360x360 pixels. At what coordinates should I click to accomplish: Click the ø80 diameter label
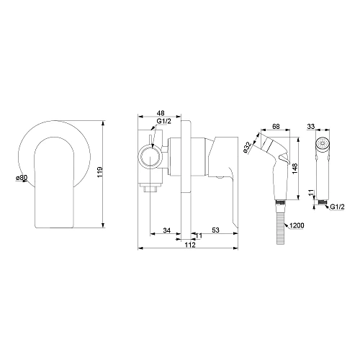pyautogui.click(x=22, y=178)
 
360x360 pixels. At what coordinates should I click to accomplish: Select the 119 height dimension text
pyautogui.click(x=100, y=172)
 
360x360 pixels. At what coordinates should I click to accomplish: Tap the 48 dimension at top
pyautogui.click(x=161, y=113)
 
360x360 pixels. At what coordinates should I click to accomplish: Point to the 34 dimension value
pyautogui.click(x=167, y=230)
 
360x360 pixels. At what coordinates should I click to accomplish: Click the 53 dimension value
pyautogui.click(x=216, y=230)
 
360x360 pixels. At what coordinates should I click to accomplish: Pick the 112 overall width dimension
pyautogui.click(x=190, y=245)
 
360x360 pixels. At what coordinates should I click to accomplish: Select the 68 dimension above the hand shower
pyautogui.click(x=276, y=126)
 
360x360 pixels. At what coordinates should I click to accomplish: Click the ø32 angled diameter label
pyautogui.click(x=247, y=148)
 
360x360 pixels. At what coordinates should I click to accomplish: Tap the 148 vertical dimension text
pyautogui.click(x=294, y=168)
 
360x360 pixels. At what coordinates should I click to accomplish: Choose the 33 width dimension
pyautogui.click(x=311, y=127)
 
